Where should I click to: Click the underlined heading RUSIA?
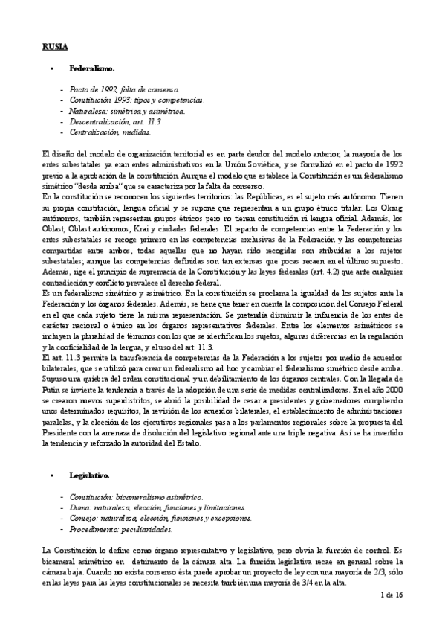tap(54, 47)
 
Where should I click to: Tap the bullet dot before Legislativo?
tap(51, 474)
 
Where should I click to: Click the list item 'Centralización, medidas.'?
tap(110, 132)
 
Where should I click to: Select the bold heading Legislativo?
tap(90, 474)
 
